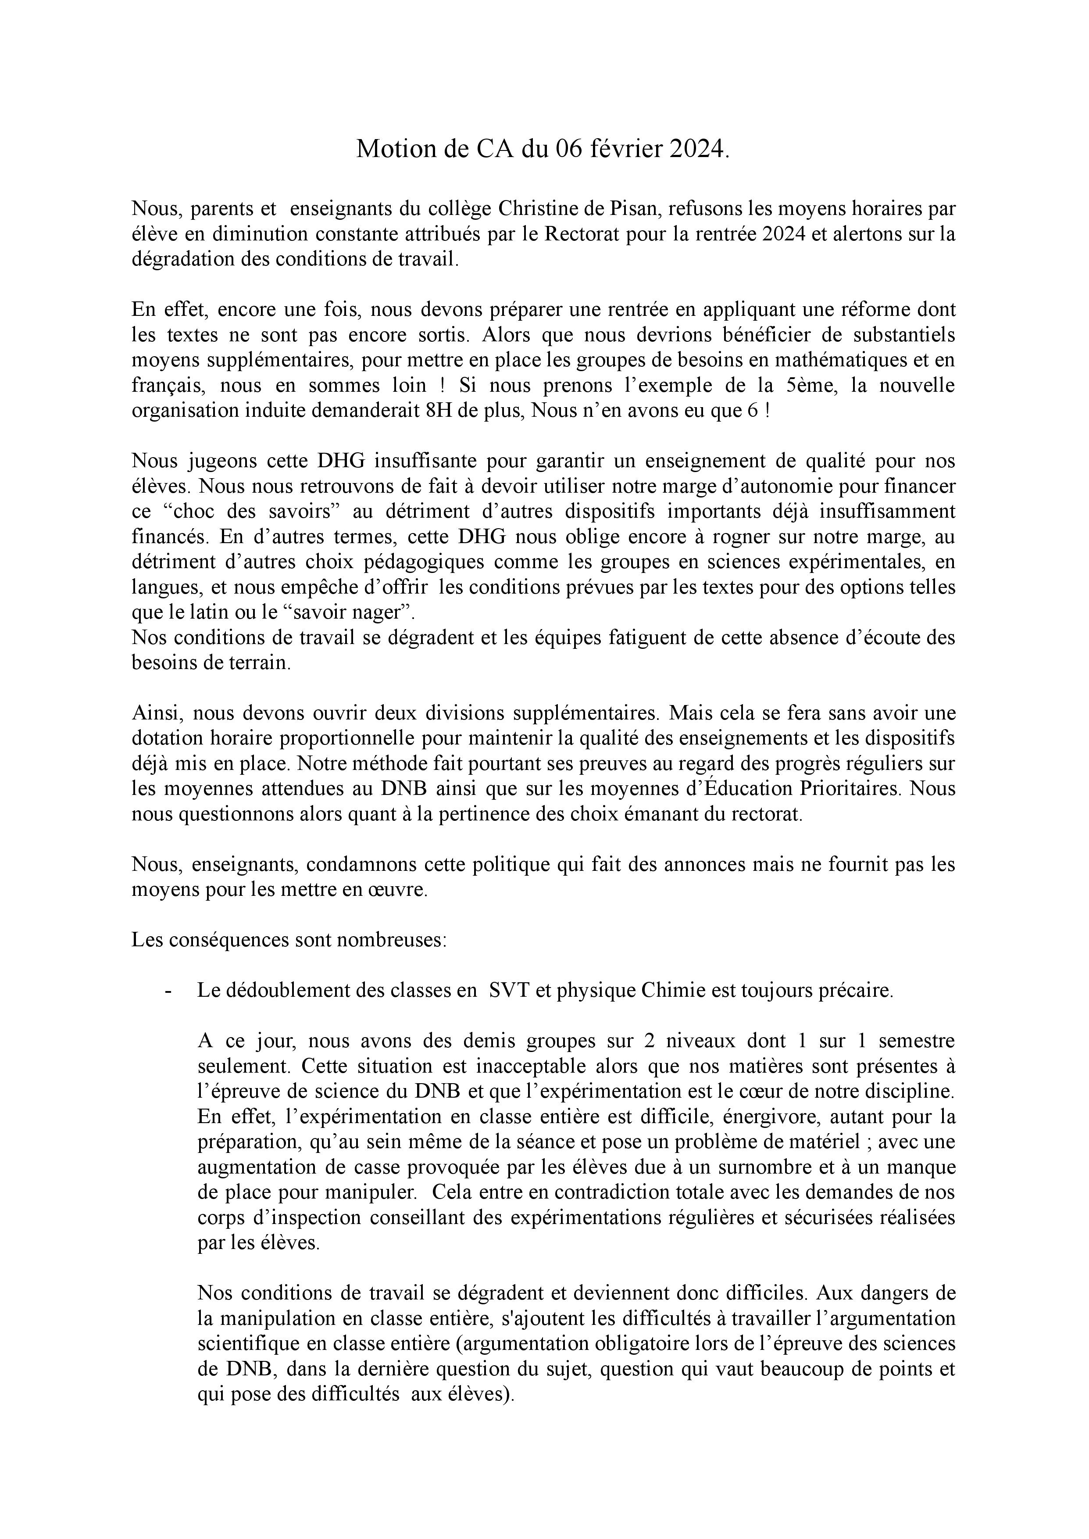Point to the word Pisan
click(x=625, y=209)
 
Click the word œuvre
click(x=399, y=891)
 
